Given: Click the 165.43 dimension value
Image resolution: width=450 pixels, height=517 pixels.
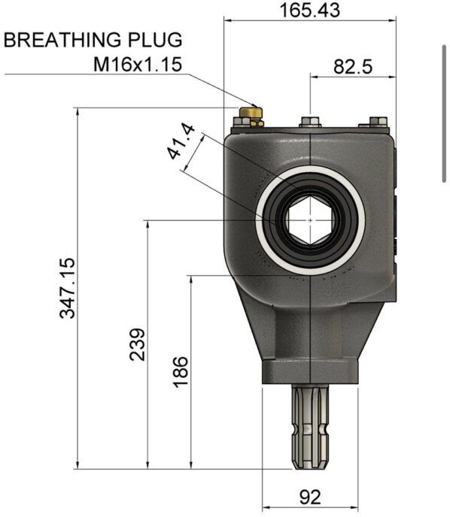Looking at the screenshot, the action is pos(309,11).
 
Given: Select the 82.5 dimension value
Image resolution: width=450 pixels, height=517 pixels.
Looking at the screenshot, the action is pos(353,67).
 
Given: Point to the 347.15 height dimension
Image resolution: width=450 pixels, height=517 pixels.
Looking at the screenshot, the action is pos(68,288).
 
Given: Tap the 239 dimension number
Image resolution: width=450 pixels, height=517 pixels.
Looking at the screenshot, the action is pos(138,344).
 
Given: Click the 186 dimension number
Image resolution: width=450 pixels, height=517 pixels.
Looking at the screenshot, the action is pos(181,371).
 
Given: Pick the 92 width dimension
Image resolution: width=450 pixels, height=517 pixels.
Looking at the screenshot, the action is pos(310,497).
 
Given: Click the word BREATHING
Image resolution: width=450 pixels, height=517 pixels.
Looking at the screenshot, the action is pos(62,40).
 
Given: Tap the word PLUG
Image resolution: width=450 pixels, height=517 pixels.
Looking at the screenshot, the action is pos(155,40).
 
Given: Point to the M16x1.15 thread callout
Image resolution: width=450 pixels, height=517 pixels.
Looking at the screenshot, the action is pos(138,65).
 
